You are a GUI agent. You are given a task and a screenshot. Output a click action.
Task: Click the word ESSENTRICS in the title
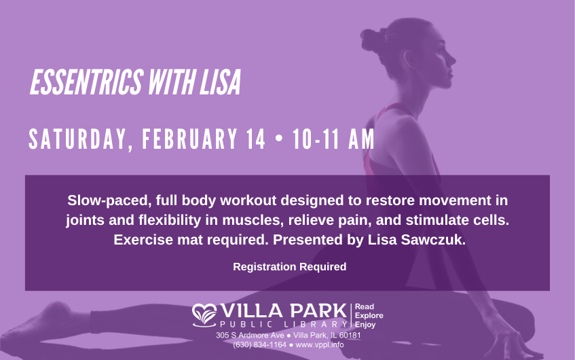87,82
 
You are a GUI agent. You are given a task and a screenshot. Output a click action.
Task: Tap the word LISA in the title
221,82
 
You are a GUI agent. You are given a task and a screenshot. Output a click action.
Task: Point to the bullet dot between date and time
279,139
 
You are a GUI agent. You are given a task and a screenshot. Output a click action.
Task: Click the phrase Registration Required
290,266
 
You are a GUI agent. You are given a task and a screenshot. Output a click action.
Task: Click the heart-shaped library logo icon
204,315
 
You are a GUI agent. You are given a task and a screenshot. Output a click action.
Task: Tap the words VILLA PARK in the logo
284,311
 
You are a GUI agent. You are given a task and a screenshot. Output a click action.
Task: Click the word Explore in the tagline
369,316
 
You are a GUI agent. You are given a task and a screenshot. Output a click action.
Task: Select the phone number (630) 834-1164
259,344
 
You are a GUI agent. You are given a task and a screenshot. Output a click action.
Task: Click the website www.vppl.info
319,344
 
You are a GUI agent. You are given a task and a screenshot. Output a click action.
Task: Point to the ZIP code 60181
350,336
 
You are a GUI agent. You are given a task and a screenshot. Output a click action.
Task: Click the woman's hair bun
373,38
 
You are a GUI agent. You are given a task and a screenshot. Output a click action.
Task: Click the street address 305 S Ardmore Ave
250,336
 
